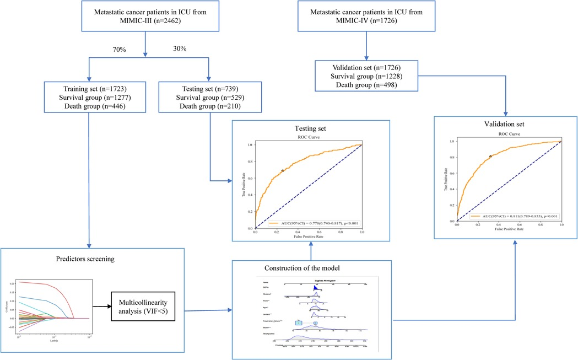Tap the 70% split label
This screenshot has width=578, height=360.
119,50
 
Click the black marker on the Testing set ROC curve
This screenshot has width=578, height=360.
283,171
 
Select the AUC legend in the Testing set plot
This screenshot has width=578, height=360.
314,223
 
